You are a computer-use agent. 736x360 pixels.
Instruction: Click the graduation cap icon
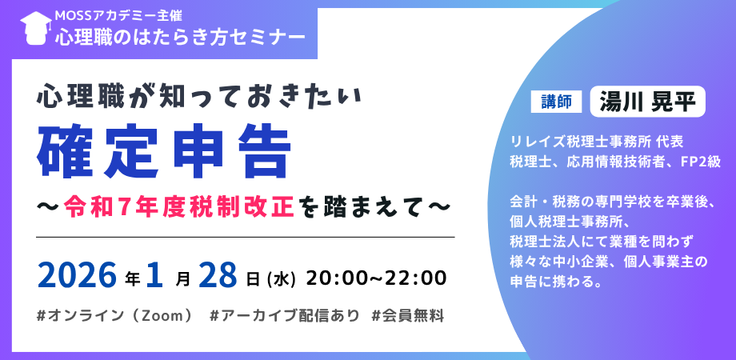pos(36,28)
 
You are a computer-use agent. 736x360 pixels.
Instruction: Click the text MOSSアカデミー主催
pos(118,15)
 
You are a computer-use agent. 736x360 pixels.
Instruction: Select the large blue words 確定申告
pos(164,151)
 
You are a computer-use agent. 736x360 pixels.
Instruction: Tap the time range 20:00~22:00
pos(376,278)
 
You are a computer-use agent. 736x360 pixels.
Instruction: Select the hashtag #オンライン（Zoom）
pos(114,316)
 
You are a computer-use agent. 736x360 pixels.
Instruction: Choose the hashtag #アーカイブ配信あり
pos(285,316)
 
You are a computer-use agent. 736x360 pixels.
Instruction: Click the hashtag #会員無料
pos(407,316)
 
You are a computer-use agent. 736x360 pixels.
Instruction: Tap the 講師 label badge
pos(556,102)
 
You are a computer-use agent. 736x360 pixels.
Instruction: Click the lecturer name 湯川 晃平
pos(648,102)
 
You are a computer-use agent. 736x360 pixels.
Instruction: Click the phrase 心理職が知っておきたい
pos(199,96)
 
